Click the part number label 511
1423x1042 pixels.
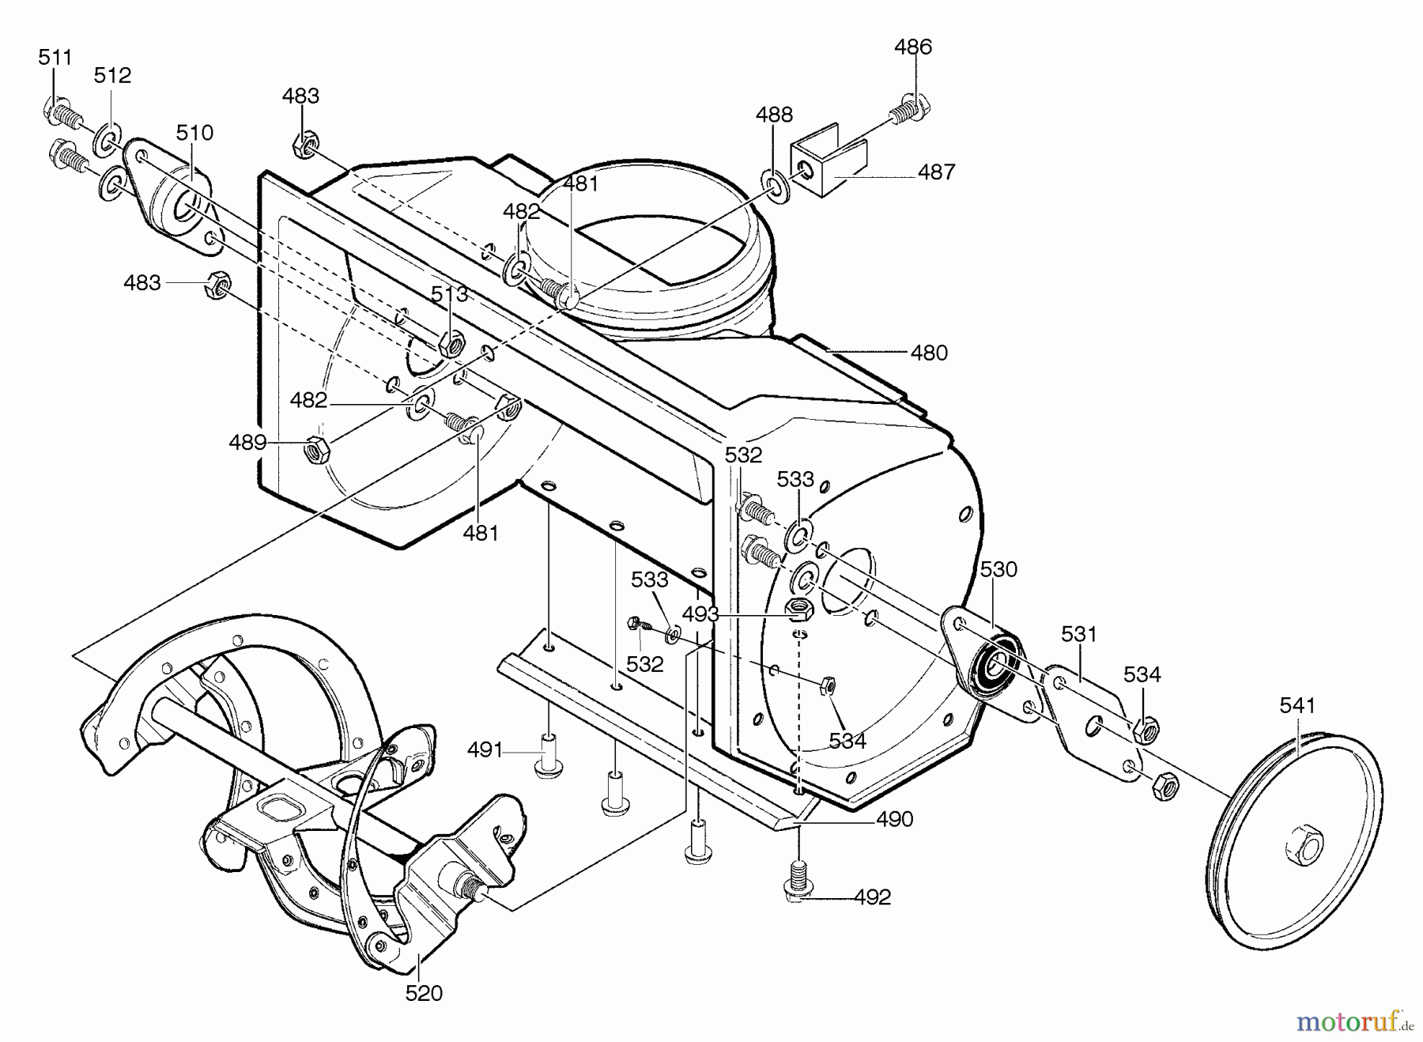[55, 57]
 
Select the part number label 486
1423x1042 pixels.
[913, 47]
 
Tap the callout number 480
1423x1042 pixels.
[929, 353]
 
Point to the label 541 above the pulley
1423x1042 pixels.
[1297, 705]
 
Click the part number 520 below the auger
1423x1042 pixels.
[424, 993]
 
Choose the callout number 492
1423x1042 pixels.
[872, 897]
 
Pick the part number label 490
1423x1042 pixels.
[894, 819]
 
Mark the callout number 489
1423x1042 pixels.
[247, 442]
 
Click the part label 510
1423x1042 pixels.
[194, 132]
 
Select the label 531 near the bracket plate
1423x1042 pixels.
[1079, 633]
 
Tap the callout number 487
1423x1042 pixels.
[937, 172]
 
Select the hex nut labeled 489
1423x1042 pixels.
[316, 449]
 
